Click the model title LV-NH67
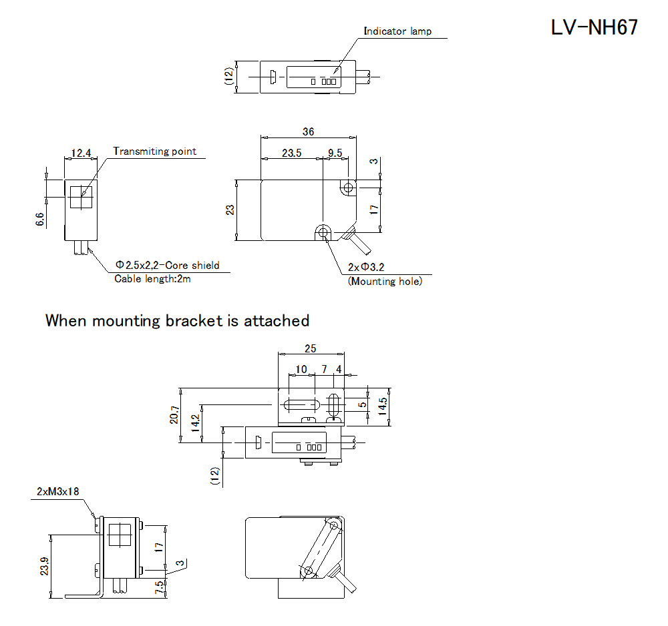[x=594, y=27]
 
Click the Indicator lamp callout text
[x=397, y=31]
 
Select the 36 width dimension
[x=308, y=132]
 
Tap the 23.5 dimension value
[x=291, y=153]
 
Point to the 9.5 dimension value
[x=335, y=153]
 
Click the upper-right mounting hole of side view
[x=347, y=188]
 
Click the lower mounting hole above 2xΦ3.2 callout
[x=323, y=232]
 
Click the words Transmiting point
[x=155, y=151]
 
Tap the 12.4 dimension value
[x=81, y=153]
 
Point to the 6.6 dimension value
[x=39, y=220]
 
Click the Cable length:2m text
[x=152, y=279]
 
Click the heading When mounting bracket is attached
[x=177, y=320]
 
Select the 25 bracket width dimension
[x=310, y=348]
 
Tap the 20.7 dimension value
[x=174, y=415]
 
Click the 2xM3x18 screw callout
[x=58, y=492]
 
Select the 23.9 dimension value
[x=44, y=566]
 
